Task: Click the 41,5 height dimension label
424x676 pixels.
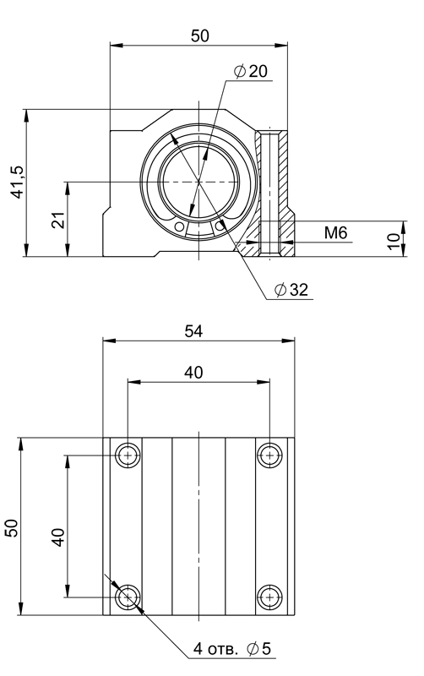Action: [18, 182]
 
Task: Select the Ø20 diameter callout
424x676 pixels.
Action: [250, 71]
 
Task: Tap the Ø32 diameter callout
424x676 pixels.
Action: [291, 290]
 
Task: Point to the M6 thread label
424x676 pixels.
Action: [335, 233]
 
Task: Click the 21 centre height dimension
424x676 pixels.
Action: [58, 220]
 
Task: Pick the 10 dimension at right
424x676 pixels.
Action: [394, 242]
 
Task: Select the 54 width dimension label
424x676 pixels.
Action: [193, 331]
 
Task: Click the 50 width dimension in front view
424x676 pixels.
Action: [200, 35]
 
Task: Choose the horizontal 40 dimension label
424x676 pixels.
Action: [193, 372]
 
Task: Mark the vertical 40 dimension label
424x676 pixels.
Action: [57, 537]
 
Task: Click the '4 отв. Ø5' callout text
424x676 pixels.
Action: [231, 648]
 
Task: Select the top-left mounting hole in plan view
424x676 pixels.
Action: [128, 455]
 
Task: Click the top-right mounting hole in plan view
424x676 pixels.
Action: [269, 455]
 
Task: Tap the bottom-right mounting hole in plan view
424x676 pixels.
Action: [269, 597]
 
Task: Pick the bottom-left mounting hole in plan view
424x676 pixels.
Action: [128, 597]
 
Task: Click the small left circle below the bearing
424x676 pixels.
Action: [179, 226]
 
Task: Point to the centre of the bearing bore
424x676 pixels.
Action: [199, 182]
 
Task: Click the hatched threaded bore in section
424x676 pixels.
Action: [270, 194]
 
